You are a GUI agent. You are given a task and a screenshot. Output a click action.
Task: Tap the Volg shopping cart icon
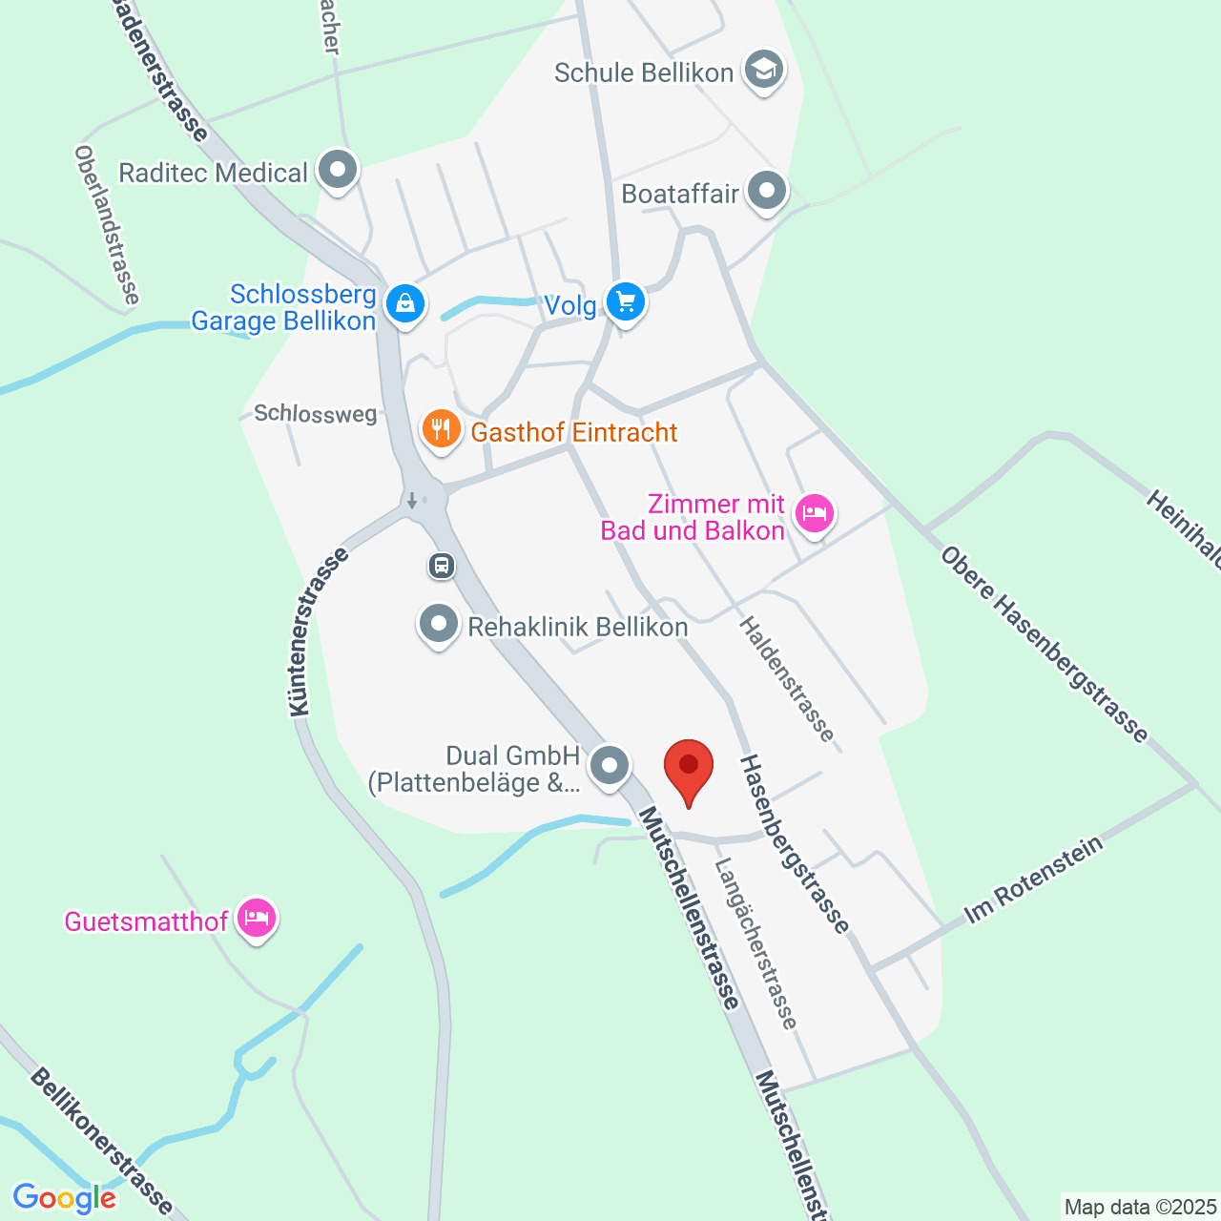tap(626, 302)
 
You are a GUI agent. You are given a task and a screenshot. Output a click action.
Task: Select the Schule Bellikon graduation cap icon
tap(763, 70)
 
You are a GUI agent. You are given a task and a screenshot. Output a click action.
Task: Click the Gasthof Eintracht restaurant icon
tap(441, 429)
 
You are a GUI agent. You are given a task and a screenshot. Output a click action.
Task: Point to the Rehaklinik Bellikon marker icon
tap(439, 625)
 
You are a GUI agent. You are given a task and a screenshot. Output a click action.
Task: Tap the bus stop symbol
tap(441, 566)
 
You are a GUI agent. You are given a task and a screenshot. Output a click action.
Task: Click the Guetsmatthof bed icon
tap(257, 919)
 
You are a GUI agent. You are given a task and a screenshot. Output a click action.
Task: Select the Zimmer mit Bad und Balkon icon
tap(814, 514)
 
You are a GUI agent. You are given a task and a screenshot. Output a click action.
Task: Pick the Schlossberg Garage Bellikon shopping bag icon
tap(405, 305)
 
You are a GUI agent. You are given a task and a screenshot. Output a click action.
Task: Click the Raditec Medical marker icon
tap(337, 171)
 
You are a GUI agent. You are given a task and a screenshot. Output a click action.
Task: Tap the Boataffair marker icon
tap(767, 192)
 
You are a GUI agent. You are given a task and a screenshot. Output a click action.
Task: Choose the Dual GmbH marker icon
tap(610, 765)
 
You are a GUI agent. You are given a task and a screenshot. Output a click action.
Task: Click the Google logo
tap(64, 1198)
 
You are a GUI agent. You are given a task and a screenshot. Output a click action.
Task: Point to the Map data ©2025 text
tap(1141, 1208)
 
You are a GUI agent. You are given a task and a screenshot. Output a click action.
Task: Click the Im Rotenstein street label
tap(1033, 880)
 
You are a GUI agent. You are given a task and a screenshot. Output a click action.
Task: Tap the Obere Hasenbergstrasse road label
tap(1045, 644)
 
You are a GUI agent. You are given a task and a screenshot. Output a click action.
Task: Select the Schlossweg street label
tap(315, 413)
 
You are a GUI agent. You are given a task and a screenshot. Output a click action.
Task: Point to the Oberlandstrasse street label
tap(107, 225)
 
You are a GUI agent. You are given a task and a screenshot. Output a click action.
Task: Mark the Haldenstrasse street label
tap(787, 679)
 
